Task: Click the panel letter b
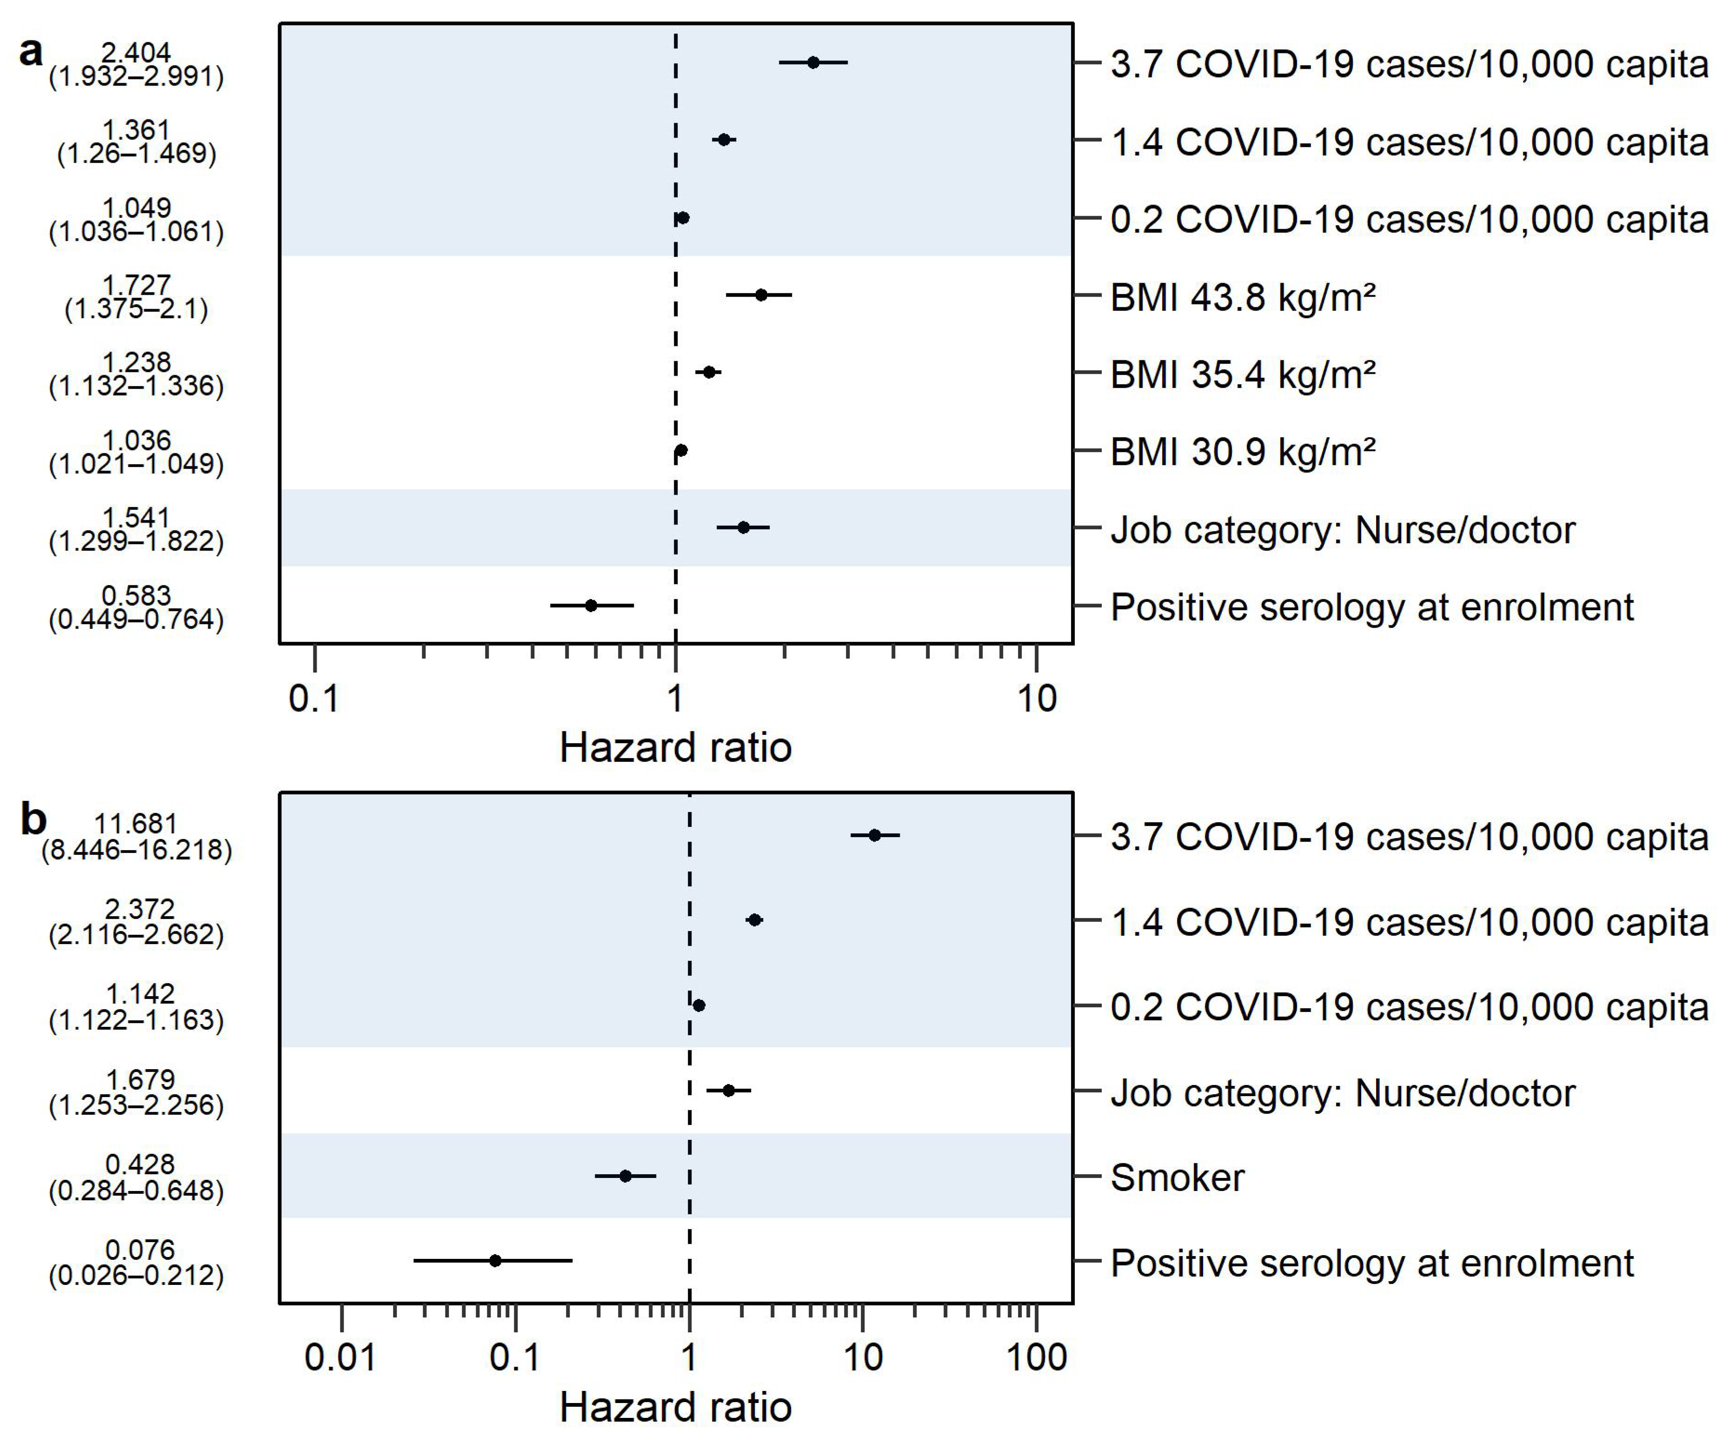(33, 819)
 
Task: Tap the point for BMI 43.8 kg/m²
(761, 294)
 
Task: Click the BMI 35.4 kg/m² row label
(1242, 374)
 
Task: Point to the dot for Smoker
(625, 1176)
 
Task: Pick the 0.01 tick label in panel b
(340, 1357)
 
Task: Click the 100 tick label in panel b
(1037, 1357)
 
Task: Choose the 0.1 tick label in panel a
(314, 698)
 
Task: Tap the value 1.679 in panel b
(140, 1080)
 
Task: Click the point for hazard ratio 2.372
(755, 920)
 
